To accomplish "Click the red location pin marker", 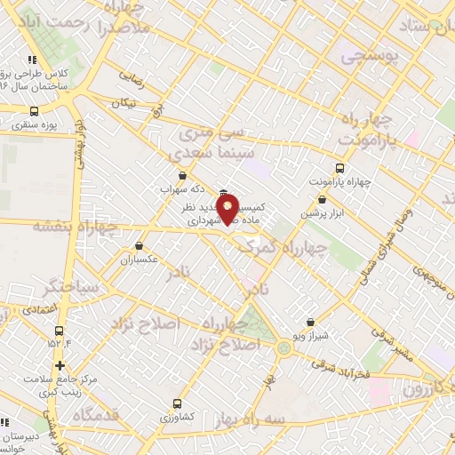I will click(x=228, y=208).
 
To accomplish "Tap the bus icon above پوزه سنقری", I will click(x=34, y=111).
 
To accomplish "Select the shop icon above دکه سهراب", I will click(x=182, y=176).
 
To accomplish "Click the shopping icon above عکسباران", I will click(x=139, y=245).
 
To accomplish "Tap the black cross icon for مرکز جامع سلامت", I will click(x=59, y=365).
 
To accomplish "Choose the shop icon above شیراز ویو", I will click(x=309, y=322).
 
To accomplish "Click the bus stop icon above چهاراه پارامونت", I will click(x=339, y=167).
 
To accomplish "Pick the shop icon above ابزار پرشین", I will click(x=335, y=200).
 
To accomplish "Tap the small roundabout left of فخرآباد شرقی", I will click(x=283, y=347).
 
